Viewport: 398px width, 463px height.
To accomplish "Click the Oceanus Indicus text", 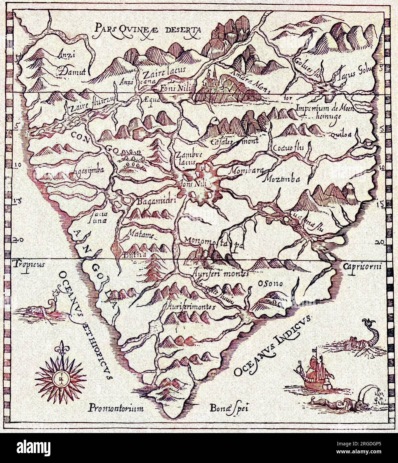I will [x=272, y=346].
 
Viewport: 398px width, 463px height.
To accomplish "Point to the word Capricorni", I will [x=364, y=266].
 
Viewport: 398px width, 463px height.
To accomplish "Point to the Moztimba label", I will [x=282, y=179].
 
